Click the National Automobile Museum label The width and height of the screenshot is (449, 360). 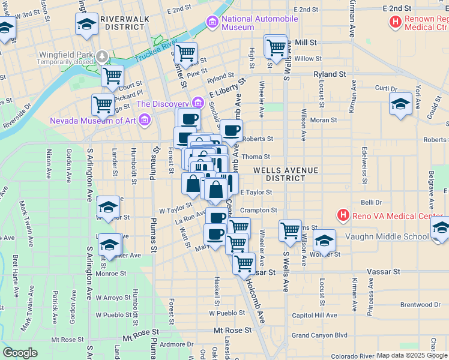click(x=259, y=23)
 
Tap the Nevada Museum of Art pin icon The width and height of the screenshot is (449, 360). click(x=143, y=121)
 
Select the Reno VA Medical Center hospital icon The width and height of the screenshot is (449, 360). click(x=343, y=215)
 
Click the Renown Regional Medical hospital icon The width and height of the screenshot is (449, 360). click(x=395, y=23)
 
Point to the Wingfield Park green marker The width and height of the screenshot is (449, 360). click(x=103, y=56)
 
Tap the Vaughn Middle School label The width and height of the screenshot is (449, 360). click(x=387, y=236)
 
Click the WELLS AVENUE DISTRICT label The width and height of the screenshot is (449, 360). click(x=285, y=174)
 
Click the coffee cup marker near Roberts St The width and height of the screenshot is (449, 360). click(x=231, y=130)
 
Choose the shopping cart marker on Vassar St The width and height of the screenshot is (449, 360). click(x=244, y=263)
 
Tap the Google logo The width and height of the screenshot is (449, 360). click(x=20, y=353)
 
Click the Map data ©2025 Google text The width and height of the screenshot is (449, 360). click(x=412, y=355)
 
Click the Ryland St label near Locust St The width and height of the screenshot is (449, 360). click(x=330, y=74)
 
